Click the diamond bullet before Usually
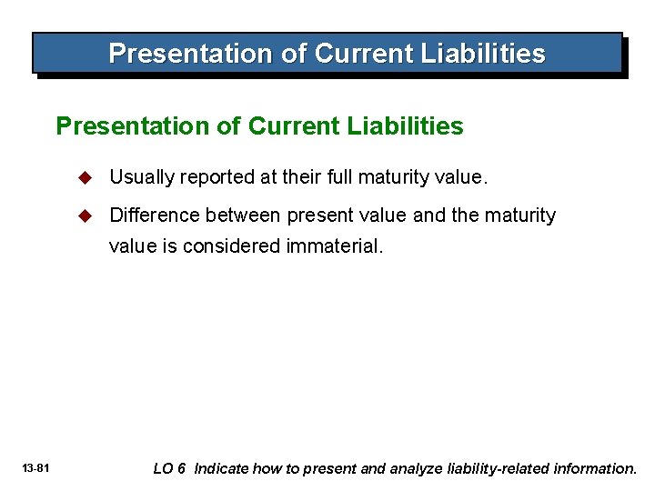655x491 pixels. [86, 178]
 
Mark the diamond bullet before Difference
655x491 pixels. [86, 215]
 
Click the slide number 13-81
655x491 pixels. [35, 469]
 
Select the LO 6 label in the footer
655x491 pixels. [169, 469]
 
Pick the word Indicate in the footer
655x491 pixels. [221, 469]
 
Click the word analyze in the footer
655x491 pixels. [419, 469]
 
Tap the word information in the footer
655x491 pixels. [597, 469]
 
